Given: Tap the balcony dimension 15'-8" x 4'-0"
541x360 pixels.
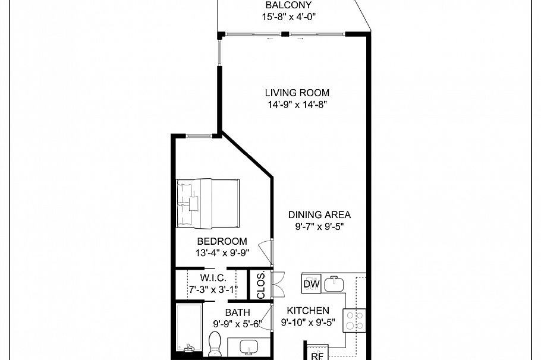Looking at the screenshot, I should [288, 17].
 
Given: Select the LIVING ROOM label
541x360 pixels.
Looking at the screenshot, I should [297, 93].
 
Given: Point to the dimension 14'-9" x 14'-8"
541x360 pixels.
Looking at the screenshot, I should [297, 105].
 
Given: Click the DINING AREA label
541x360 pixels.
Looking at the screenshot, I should [319, 214].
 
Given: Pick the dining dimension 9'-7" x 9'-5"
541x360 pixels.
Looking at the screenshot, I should [319, 226].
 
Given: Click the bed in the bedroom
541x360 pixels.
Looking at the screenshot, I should [208, 203].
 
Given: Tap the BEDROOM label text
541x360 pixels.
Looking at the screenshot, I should [222, 241].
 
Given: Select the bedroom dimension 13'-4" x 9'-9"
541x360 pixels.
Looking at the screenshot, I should [222, 252].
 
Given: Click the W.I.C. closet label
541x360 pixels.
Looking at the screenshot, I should [212, 277].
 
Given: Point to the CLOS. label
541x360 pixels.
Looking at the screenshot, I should [260, 286].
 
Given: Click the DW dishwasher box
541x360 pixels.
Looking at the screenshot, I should [312, 285].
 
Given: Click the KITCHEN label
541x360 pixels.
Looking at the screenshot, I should [308, 311].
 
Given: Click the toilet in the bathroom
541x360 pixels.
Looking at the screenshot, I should [215, 343].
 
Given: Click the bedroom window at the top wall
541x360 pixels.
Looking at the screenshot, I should [199, 136].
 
